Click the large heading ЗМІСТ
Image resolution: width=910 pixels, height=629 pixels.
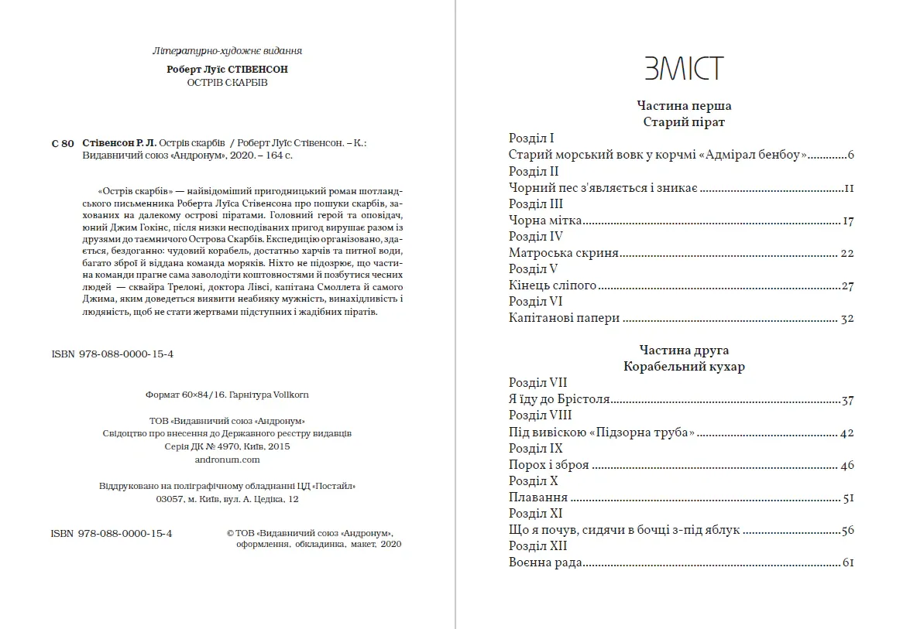tap(684, 69)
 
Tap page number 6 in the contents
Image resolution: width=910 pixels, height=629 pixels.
tap(850, 156)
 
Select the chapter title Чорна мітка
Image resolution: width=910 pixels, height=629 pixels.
tap(545, 220)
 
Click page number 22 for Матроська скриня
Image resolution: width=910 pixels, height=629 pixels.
tap(846, 253)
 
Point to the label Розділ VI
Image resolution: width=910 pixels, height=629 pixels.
tap(535, 301)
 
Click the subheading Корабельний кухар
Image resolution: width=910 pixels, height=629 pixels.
tap(684, 367)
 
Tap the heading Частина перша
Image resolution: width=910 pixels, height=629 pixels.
tap(684, 106)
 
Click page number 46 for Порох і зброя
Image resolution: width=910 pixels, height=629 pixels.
tap(846, 465)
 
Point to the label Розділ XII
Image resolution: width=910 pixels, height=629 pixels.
tap(538, 546)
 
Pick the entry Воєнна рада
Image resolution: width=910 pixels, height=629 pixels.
tap(545, 563)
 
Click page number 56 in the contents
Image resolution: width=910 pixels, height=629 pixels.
tap(846, 530)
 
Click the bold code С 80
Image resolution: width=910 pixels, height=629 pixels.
tap(63, 143)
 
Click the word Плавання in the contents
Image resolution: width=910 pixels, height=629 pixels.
tap(538, 497)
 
